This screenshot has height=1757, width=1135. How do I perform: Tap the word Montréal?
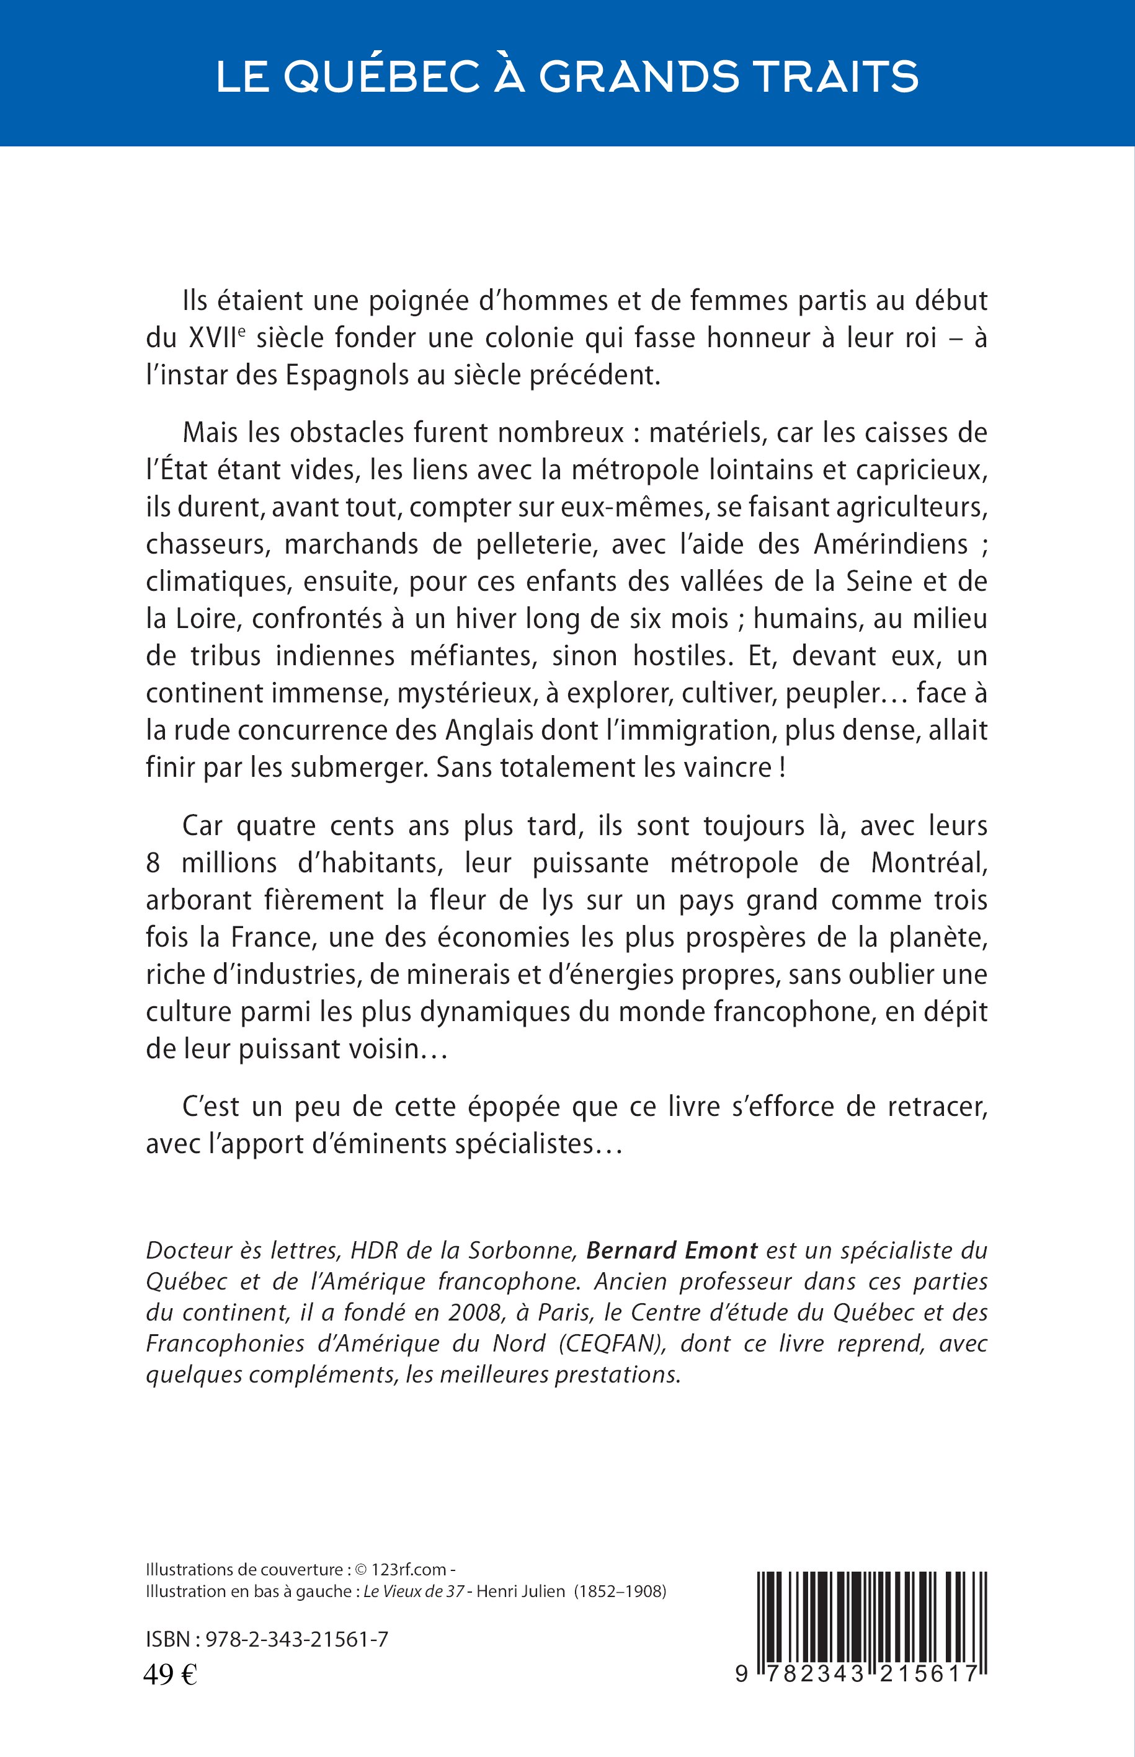point(928,862)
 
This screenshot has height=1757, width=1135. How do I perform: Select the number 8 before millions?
point(153,862)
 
